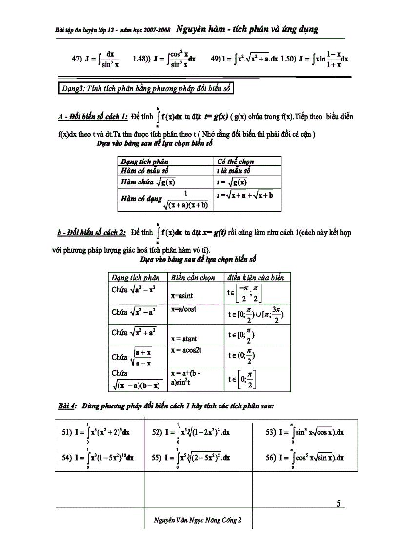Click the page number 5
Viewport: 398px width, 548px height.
[x=338, y=503]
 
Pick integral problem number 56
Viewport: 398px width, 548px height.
[x=305, y=458]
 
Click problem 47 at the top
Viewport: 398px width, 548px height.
[x=96, y=59]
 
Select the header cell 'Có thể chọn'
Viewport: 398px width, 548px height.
[x=235, y=162]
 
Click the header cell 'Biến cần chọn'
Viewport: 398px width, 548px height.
[x=193, y=277]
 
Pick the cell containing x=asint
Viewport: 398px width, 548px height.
[x=182, y=296]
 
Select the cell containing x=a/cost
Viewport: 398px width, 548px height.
[x=183, y=309]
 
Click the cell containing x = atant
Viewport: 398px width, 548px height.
[x=184, y=338]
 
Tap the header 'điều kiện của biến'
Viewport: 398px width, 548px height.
[x=256, y=277]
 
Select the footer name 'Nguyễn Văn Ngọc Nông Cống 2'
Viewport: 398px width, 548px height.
[x=194, y=520]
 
